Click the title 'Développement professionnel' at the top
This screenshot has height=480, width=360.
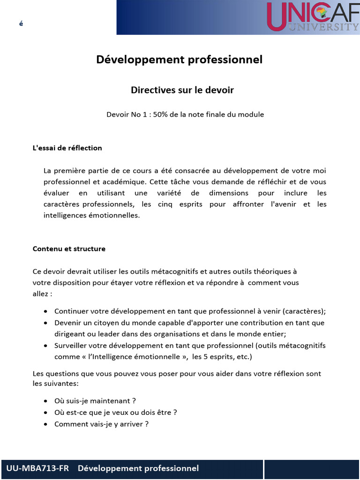pyautogui.click(x=180, y=60)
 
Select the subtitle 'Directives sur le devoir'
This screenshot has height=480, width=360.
pyautogui.click(x=182, y=90)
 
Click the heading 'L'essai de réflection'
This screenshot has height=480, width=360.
pyautogui.click(x=67, y=148)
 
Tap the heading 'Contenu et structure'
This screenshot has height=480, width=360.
pyautogui.click(x=69, y=249)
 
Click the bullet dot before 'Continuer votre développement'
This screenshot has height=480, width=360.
pyautogui.click(x=45, y=312)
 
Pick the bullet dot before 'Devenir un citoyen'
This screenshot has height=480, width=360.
pyautogui.click(x=45, y=323)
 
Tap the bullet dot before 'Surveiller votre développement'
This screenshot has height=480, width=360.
pyautogui.click(x=45, y=345)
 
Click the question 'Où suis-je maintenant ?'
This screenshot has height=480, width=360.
pyautogui.click(x=95, y=401)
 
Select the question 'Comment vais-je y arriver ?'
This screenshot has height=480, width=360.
pyautogui.click(x=102, y=424)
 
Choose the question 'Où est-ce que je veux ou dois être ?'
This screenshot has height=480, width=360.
pyautogui.click(x=116, y=412)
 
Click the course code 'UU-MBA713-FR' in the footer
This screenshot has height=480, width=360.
pyautogui.click(x=37, y=468)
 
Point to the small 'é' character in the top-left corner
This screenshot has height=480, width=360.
pyautogui.click(x=21, y=23)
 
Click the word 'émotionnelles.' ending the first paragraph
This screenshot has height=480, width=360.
pyautogui.click(x=116, y=215)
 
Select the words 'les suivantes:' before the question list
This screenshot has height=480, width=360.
pyautogui.click(x=56, y=383)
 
